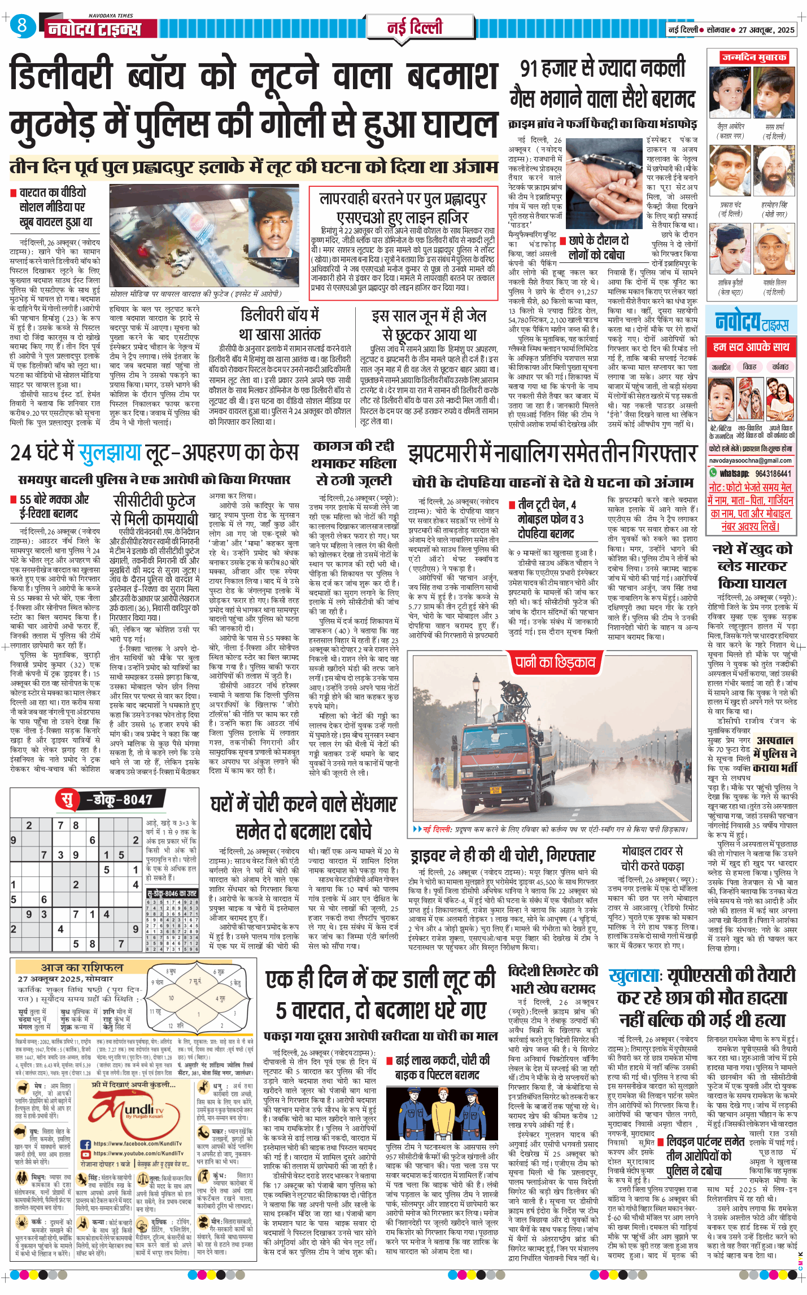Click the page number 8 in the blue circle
pos(22,25)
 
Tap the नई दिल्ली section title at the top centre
pos(415,28)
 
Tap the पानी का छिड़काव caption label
pos(555,662)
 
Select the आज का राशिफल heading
pos(81,967)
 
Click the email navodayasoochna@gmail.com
pos(751,460)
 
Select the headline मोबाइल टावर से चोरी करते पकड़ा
pos(652,858)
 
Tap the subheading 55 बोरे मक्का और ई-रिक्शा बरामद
pos(54,506)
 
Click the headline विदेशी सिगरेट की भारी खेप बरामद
pos(553,980)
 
